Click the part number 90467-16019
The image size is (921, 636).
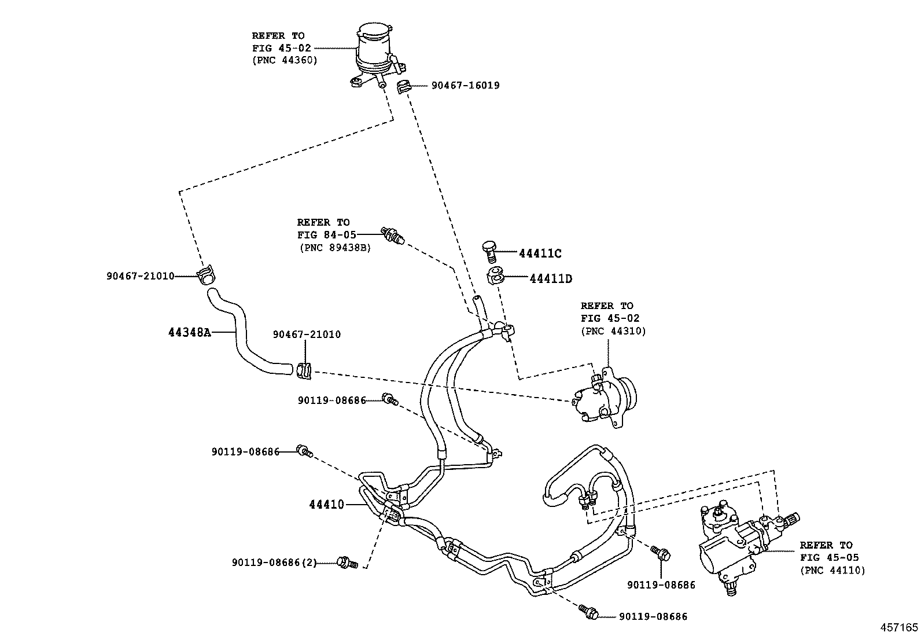465,86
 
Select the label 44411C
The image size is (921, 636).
540,253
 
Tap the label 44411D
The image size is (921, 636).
550,279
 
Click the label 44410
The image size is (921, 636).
326,505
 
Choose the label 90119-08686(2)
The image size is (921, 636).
274,563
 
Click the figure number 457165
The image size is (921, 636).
899,627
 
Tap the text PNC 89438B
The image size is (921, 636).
334,248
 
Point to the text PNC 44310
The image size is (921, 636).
613,331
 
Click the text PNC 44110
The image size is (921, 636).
832,571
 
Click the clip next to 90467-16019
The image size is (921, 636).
404,87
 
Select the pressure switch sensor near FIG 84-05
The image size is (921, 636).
393,234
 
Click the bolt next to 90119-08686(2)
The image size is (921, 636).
347,562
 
